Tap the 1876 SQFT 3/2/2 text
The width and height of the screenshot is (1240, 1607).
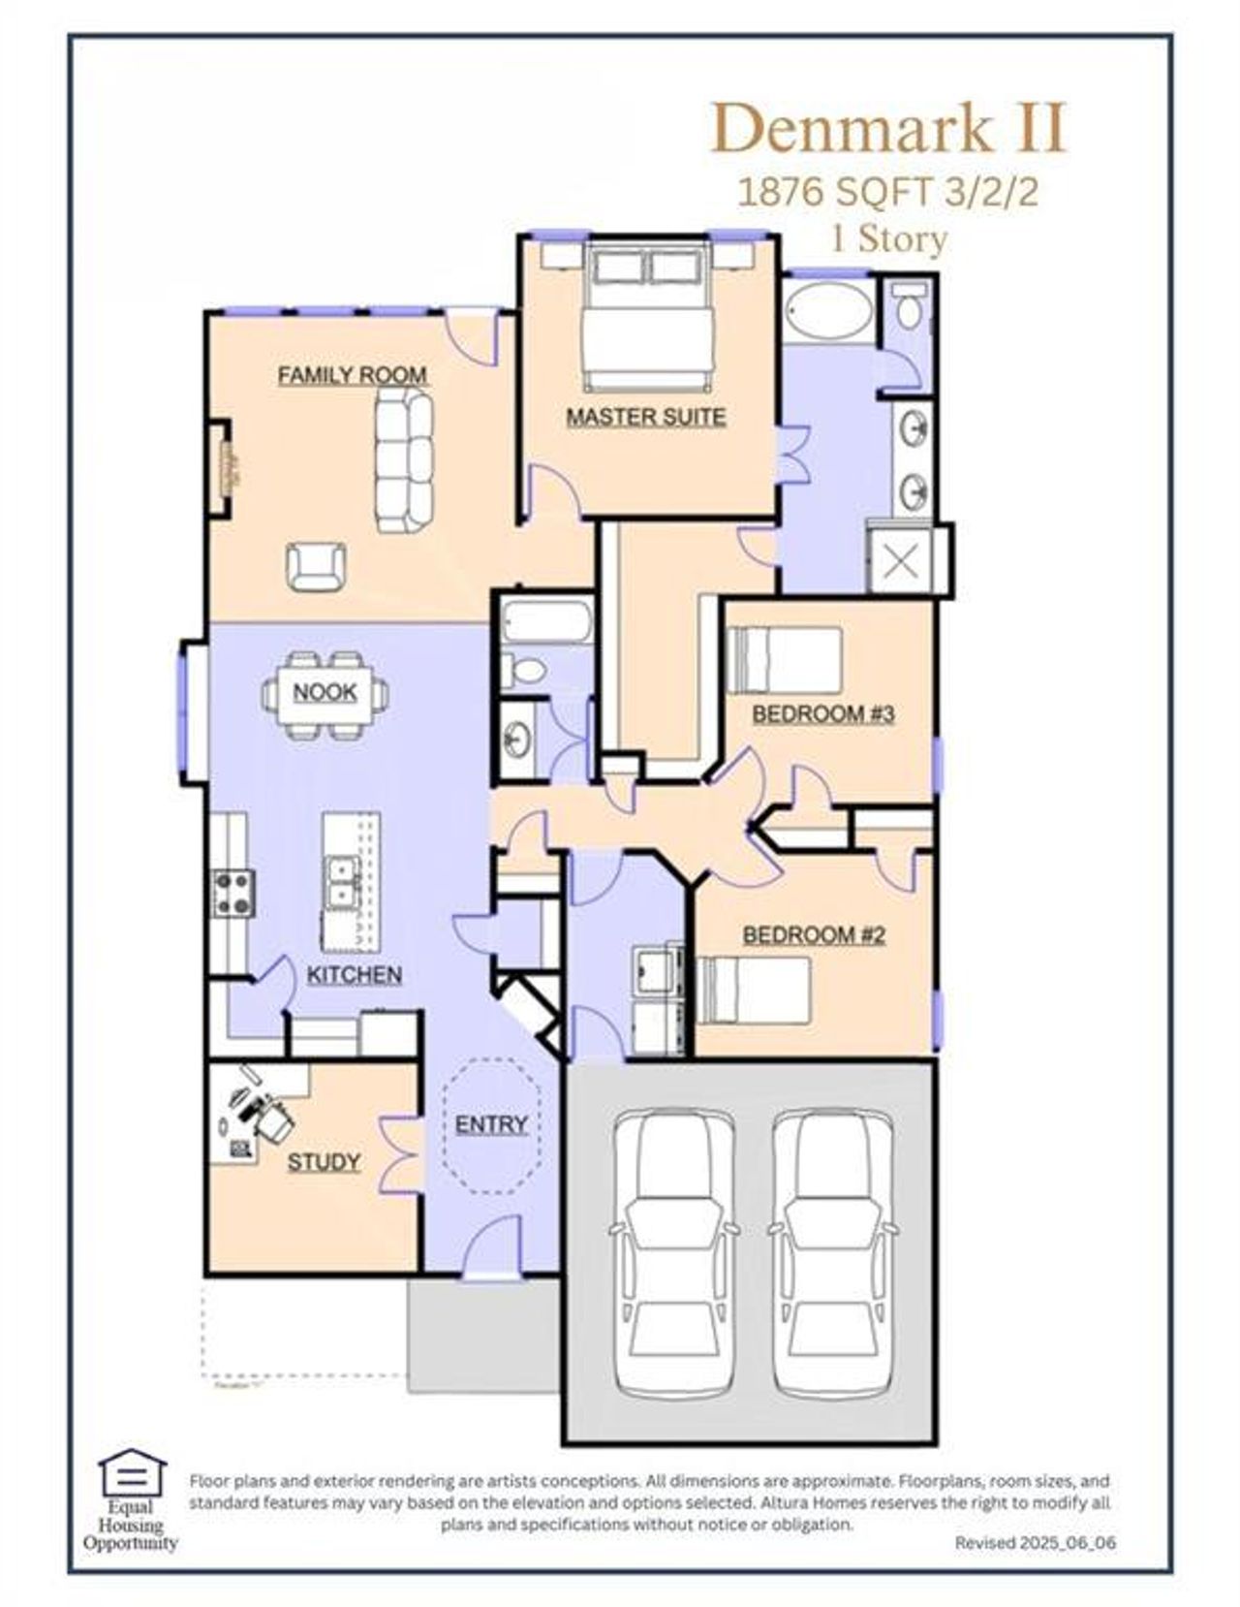pyautogui.click(x=887, y=192)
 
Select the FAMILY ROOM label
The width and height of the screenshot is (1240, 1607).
pyautogui.click(x=352, y=375)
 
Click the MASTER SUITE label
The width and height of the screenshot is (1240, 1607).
pyautogui.click(x=645, y=417)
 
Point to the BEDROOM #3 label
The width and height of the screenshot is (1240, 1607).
pyautogui.click(x=822, y=714)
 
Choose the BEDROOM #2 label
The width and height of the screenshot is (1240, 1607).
pyautogui.click(x=814, y=935)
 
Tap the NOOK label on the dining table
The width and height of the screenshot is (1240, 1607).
pyautogui.click(x=325, y=692)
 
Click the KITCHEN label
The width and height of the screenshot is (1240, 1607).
pyautogui.click(x=354, y=975)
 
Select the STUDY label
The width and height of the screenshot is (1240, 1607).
pyautogui.click(x=324, y=1162)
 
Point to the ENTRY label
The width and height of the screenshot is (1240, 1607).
pyautogui.click(x=491, y=1124)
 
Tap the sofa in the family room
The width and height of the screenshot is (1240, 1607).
pyautogui.click(x=404, y=460)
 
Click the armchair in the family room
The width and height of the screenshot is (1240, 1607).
pyautogui.click(x=316, y=566)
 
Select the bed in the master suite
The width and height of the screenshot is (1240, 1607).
pyautogui.click(x=647, y=315)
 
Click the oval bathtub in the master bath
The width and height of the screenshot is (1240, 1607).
pyautogui.click(x=828, y=309)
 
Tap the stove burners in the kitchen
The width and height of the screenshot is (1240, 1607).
pyautogui.click(x=233, y=893)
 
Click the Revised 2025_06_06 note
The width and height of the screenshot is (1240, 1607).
pyautogui.click(x=1035, y=1542)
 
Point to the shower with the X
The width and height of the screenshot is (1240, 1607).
pyautogui.click(x=902, y=560)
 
